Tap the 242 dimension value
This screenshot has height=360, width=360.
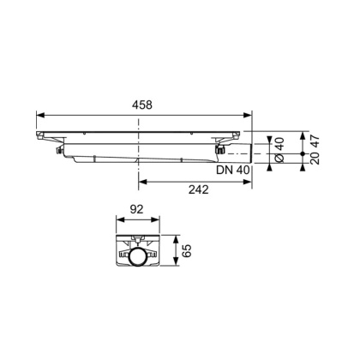(x=196, y=189)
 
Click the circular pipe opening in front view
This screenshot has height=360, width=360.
(x=136, y=257)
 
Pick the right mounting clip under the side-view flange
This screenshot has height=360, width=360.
(x=218, y=152)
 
